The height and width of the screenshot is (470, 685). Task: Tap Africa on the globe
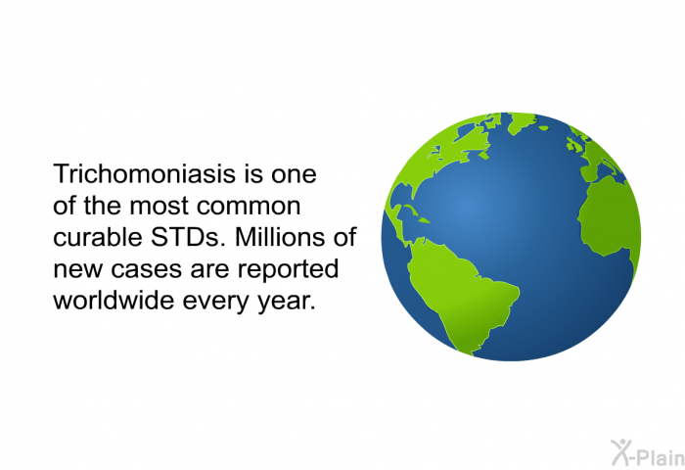pos(609,220)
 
